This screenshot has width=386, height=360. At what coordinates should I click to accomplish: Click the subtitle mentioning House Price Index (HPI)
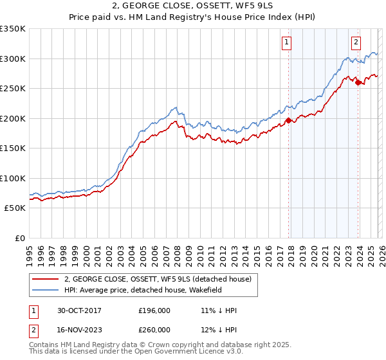pos(192,19)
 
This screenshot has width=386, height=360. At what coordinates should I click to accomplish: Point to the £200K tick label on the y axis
pos(13,118)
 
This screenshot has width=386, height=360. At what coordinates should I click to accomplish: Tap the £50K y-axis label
pos(15,208)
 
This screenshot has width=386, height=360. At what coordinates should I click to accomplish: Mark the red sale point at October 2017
pos(288,120)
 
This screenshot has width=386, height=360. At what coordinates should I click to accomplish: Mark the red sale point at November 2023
pos(357,82)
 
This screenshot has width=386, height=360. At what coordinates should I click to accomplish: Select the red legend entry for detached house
pos(161,278)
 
